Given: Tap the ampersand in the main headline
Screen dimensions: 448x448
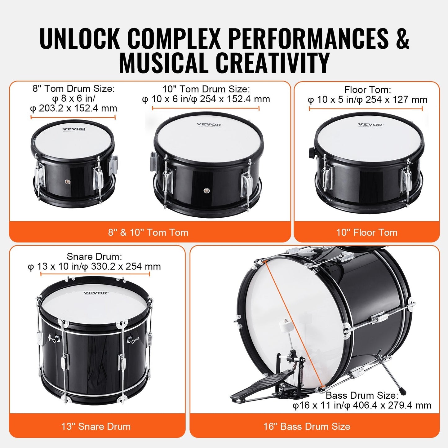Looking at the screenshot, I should (402, 38).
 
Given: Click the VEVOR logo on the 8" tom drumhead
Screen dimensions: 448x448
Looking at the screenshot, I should (74, 129).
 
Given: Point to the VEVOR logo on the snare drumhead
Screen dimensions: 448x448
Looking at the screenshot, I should (95, 293).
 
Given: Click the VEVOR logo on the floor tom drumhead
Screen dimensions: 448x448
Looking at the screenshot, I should (370, 125).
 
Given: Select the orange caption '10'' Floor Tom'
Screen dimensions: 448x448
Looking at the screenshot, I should (367, 233).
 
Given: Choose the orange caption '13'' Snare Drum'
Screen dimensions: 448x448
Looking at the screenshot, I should (96, 427).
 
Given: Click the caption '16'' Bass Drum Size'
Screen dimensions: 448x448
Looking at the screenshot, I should (307, 427).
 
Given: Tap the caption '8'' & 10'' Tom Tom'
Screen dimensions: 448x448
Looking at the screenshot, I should (148, 233).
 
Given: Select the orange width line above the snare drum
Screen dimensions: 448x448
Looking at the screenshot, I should (95, 274).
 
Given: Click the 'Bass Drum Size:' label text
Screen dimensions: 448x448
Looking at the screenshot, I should (362, 396).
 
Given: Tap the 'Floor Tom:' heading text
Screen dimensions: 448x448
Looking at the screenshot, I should (367, 90).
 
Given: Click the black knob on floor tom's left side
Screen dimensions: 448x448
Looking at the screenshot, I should (311, 152).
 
